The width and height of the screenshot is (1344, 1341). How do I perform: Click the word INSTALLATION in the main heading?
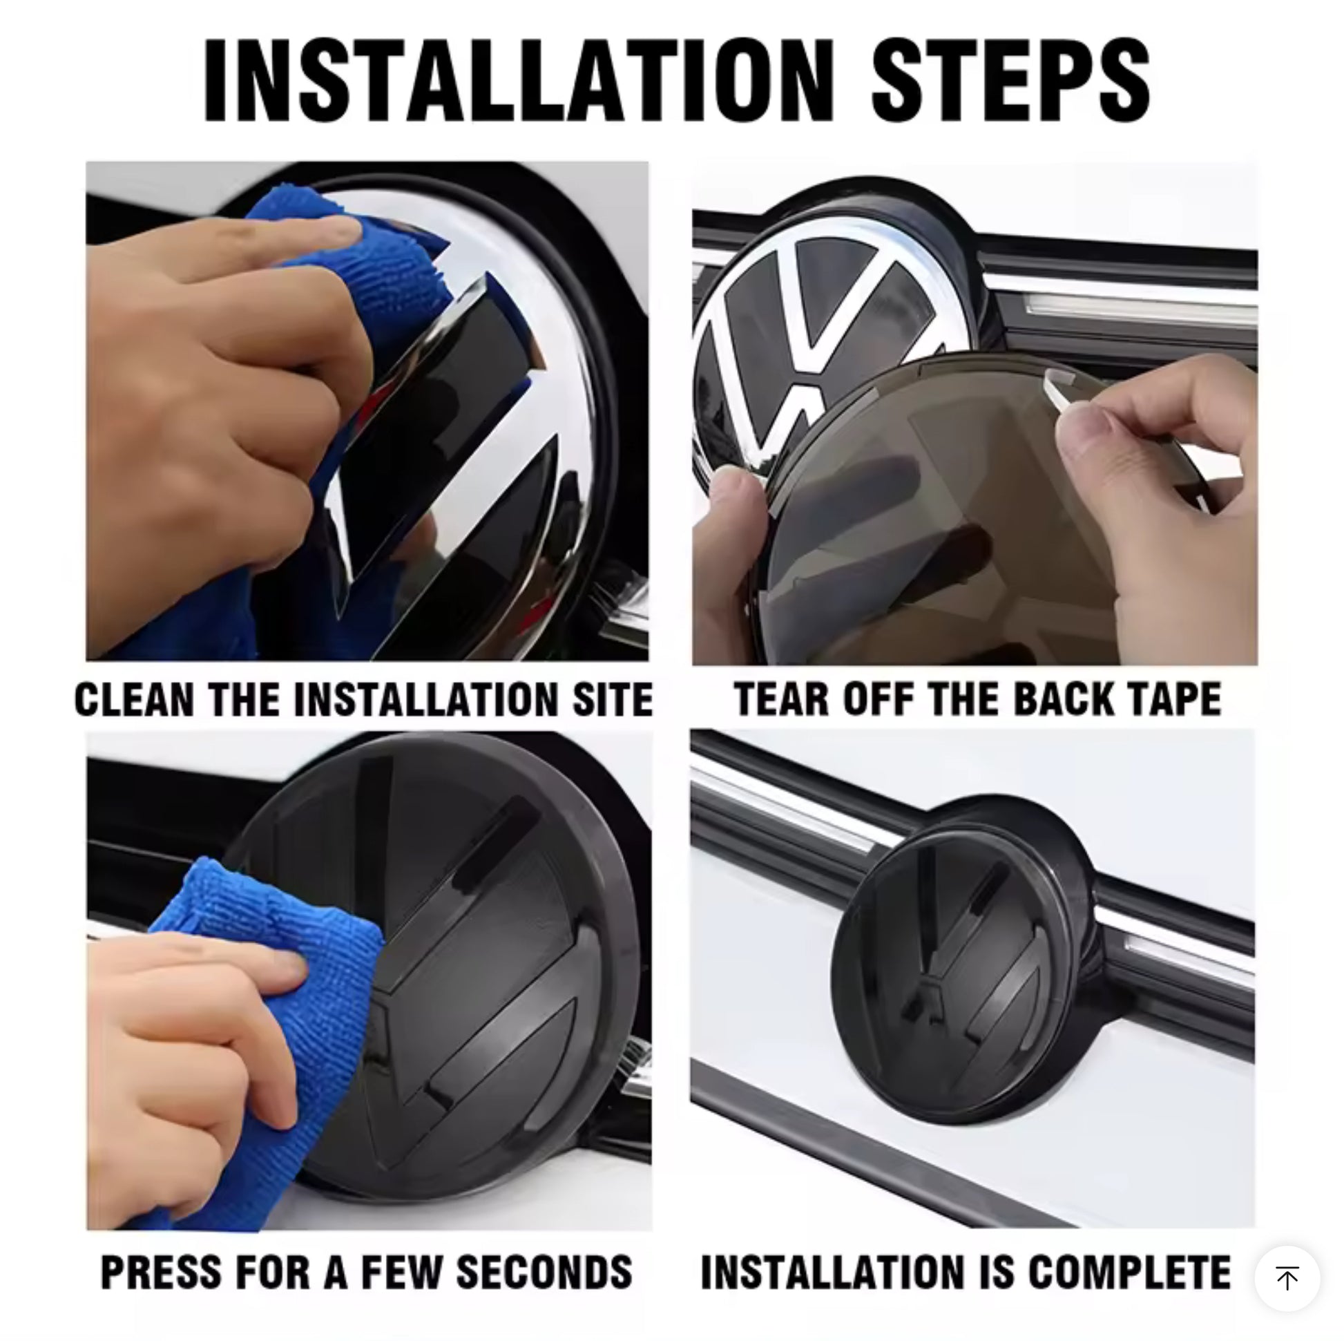click(518, 81)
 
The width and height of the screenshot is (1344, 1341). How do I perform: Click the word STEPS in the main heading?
click(1011, 81)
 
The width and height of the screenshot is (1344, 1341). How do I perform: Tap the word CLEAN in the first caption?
click(133, 699)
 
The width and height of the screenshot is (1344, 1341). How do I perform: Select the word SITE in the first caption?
click(612, 699)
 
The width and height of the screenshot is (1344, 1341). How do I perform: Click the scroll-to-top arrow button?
click(1287, 1278)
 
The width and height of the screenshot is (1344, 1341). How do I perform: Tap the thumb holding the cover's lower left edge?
click(738, 501)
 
